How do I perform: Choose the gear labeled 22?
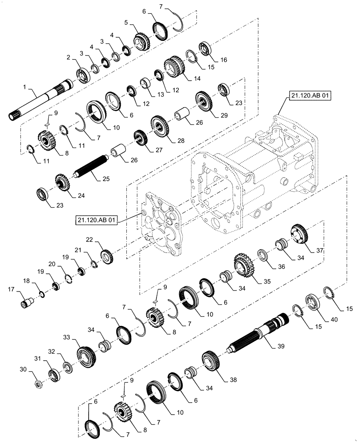point(107,256)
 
